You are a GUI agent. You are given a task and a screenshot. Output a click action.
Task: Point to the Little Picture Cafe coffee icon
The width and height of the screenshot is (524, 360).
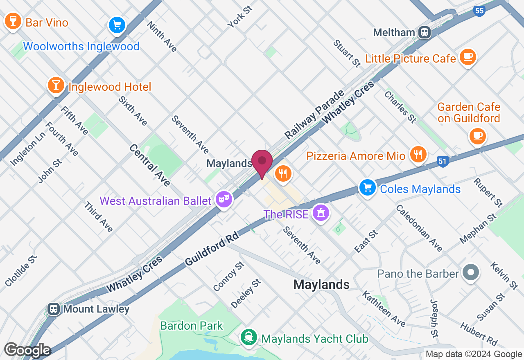468,56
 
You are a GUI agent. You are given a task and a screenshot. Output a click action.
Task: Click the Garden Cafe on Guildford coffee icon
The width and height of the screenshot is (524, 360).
477,135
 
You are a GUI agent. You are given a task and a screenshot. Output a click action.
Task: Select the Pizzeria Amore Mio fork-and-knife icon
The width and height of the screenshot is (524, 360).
418,154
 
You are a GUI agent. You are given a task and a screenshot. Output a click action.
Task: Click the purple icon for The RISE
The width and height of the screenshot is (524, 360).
321,212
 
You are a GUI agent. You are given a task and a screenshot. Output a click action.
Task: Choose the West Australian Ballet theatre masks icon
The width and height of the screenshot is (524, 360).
224,199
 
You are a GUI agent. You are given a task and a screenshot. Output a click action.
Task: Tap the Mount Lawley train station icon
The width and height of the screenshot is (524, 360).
53,308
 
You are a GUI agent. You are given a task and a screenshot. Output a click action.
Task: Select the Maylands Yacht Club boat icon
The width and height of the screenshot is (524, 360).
248,337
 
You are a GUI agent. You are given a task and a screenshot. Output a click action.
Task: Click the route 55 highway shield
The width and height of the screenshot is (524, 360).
479,11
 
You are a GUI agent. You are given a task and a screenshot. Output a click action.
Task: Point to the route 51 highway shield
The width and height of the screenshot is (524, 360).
442,161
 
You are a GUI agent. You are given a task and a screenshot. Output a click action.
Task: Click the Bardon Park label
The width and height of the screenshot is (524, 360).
192,326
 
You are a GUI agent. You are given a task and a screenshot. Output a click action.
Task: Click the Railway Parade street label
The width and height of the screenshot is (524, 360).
314,114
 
